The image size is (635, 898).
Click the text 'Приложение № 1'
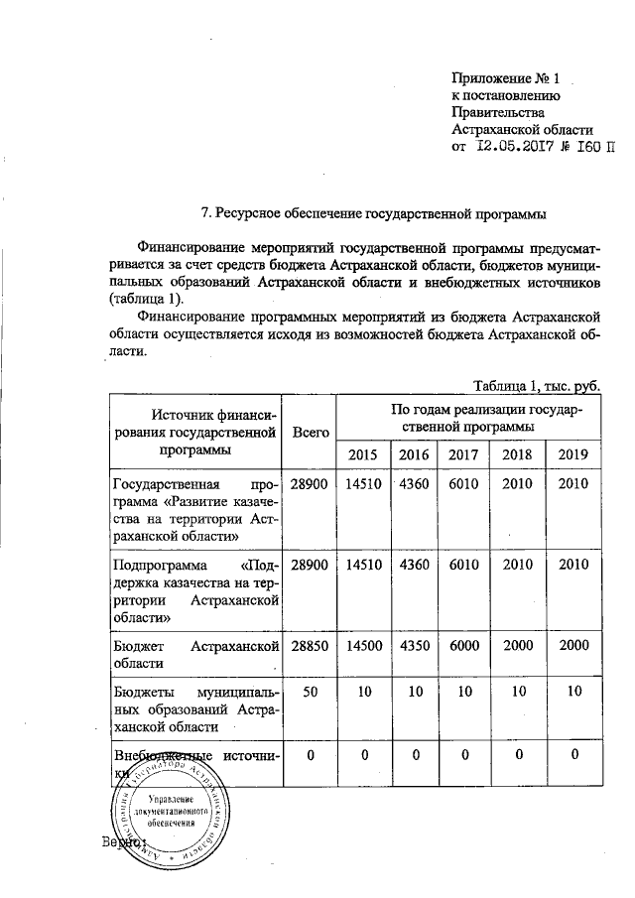pyautogui.click(x=506, y=76)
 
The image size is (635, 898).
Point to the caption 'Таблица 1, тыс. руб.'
pyautogui.click(x=537, y=385)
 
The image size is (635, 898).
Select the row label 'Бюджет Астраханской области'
pyautogui.click(x=194, y=654)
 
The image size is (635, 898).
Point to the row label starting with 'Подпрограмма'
pyautogui.click(x=194, y=590)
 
